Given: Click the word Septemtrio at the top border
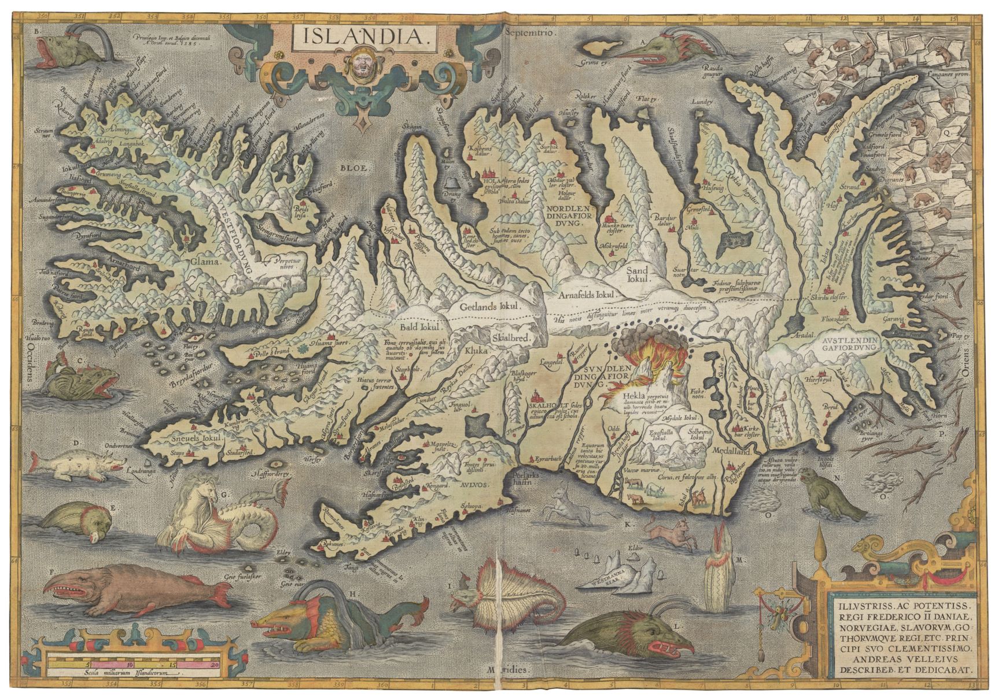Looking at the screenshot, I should tap(530, 34).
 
